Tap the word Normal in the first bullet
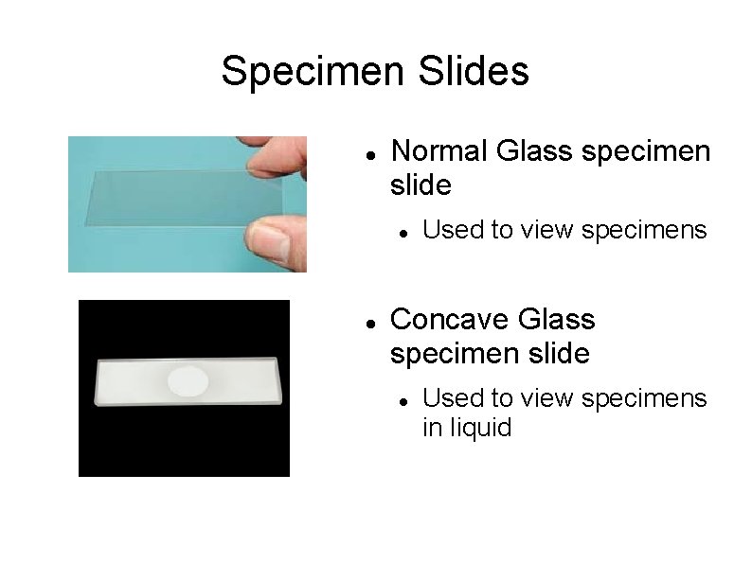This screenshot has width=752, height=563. coord(439,151)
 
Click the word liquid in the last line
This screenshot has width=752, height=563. coord(481,428)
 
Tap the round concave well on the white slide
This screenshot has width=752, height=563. coord(188,380)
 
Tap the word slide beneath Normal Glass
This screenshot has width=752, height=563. coord(421,185)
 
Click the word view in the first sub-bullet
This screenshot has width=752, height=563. coord(546,230)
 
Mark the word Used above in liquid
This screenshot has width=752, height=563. coord(448,398)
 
